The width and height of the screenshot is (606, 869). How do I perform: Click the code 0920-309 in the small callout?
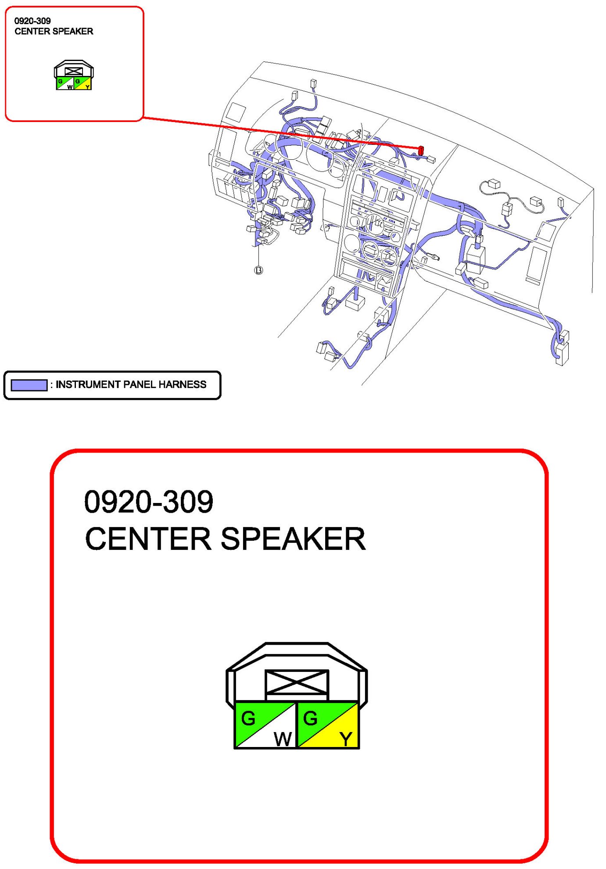[x=32, y=21]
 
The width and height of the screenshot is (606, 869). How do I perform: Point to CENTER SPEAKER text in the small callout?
[x=54, y=32]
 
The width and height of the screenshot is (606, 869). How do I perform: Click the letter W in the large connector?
[x=283, y=739]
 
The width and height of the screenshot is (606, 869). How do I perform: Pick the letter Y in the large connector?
[x=346, y=739]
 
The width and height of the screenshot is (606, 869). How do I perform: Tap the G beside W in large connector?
[x=248, y=718]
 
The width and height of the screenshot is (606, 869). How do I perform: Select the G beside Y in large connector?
[x=310, y=718]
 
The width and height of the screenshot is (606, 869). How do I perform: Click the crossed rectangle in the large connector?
[x=297, y=682]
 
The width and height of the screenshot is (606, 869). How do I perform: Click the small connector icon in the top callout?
[x=74, y=75]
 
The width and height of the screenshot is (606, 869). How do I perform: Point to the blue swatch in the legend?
[x=29, y=385]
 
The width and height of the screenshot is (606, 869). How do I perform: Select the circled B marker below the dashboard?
[x=258, y=270]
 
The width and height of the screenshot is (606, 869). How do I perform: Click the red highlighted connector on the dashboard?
[x=421, y=151]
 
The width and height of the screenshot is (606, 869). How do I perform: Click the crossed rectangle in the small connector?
[x=74, y=72]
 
